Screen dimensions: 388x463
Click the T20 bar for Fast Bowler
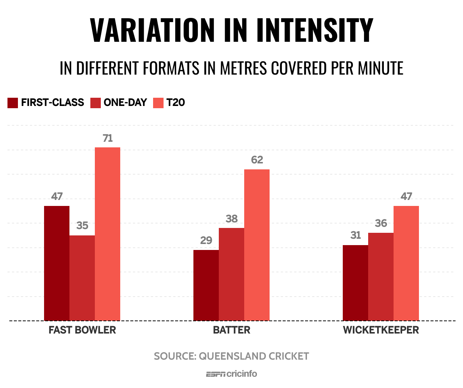pos(108,234)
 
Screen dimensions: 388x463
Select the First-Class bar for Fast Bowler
pos(57,263)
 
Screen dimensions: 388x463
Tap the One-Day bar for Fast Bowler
pos(82,278)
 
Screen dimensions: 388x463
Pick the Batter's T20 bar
pos(257,245)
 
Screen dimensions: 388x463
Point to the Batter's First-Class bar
pos(206,285)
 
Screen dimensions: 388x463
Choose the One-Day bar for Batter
pos(232,274)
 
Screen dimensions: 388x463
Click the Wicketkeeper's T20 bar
pos(406,263)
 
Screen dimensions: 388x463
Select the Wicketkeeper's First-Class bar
pos(355,283)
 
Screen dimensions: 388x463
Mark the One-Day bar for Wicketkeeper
pos(381,276)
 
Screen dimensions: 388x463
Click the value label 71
pos(108,138)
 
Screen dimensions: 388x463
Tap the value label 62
pos(257,160)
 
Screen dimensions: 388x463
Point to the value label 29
pos(206,240)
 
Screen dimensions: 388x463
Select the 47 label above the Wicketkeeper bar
pos(406,196)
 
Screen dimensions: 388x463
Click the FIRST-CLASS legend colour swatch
pos(13,103)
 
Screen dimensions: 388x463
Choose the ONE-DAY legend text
pos(125,103)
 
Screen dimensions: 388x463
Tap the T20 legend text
pos(175,103)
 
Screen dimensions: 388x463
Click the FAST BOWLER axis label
pos(82,330)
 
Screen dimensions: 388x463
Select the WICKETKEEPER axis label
pos(381,330)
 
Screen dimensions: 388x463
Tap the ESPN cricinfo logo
pos(232,373)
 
